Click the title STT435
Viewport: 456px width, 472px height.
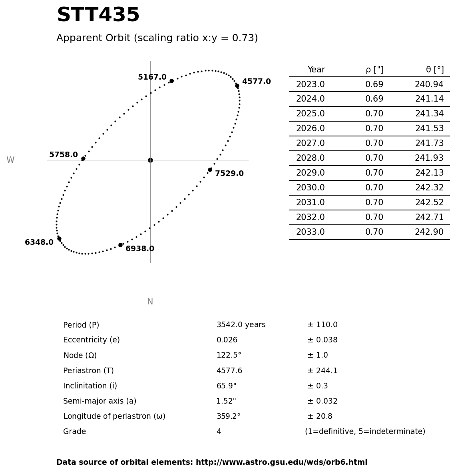(98, 16)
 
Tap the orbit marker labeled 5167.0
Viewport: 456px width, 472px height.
(171, 81)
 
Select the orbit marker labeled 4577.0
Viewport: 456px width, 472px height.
(237, 86)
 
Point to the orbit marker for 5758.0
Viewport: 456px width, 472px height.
(83, 159)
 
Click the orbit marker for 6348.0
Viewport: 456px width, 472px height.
(59, 239)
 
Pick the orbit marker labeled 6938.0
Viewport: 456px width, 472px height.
(120, 245)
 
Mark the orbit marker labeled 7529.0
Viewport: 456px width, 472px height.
(210, 170)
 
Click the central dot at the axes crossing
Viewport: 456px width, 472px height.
(150, 160)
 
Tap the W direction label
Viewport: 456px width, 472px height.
(10, 160)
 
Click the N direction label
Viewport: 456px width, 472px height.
(150, 302)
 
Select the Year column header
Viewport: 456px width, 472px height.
(316, 70)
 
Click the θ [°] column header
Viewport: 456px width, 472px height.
(434, 70)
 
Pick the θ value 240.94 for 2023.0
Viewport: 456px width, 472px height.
(429, 85)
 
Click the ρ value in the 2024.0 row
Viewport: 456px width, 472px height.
(374, 99)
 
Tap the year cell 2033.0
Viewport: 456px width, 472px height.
(310, 232)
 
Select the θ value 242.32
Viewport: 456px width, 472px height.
(429, 188)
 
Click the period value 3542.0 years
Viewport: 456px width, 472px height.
(241, 325)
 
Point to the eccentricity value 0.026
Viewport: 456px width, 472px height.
(227, 340)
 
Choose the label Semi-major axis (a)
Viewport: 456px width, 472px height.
(100, 401)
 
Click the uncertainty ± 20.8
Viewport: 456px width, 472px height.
(320, 416)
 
